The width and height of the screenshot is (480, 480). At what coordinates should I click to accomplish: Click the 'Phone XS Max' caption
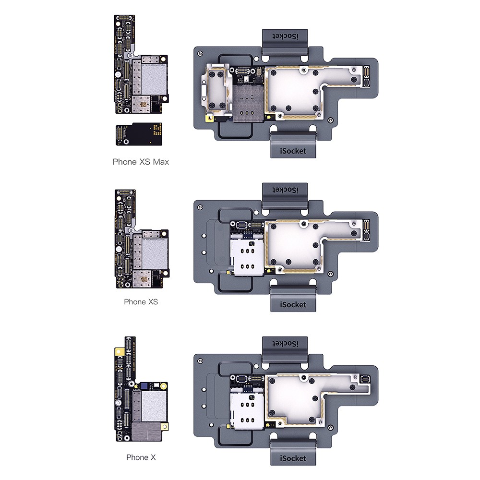(x=141, y=162)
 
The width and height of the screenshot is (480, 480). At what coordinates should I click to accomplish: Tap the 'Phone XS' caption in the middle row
(x=141, y=302)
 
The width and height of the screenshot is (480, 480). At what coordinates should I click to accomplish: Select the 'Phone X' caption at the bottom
(x=141, y=457)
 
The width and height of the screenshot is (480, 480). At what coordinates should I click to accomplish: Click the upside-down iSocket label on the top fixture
(x=285, y=36)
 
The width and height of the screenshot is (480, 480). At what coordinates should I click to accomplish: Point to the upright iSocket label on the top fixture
(x=293, y=151)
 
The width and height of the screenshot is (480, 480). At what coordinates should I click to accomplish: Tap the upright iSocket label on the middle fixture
(x=293, y=305)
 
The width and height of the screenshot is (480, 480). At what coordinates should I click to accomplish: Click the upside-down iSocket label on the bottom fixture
(x=285, y=344)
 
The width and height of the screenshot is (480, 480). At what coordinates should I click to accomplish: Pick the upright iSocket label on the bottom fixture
(x=293, y=458)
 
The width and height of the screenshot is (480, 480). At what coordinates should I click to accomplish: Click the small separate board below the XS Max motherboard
(x=139, y=134)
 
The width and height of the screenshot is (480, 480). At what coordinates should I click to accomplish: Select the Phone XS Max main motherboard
(x=141, y=64)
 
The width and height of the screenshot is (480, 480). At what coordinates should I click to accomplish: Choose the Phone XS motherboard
(x=142, y=239)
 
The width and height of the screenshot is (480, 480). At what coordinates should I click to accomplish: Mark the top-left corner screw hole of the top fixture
(x=200, y=53)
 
